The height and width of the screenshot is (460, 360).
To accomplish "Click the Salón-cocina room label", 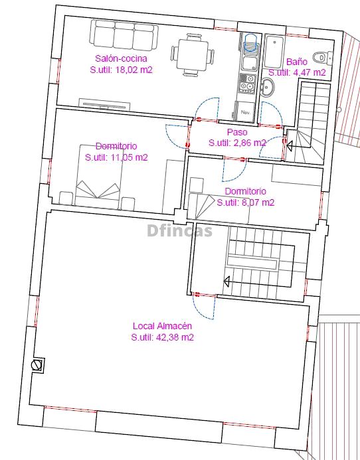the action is (121, 58).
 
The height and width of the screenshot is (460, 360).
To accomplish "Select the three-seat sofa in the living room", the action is (124, 35).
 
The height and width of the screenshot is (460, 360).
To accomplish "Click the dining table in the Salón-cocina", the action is (193, 55).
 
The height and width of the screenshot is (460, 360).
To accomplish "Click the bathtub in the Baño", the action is (274, 51).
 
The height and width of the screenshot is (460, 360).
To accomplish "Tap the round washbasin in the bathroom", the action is (267, 87).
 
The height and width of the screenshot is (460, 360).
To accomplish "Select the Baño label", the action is (297, 62).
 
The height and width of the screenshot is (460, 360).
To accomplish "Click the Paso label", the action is (237, 132).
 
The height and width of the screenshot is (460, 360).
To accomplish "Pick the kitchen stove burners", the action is (247, 82).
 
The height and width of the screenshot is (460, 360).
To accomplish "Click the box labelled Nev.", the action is (245, 112).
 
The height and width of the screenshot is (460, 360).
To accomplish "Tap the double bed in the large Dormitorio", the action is (98, 176).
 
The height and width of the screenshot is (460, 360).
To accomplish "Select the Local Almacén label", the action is (162, 326).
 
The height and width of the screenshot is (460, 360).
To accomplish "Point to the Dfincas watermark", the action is (179, 230).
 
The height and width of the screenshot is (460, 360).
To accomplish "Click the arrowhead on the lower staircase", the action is (226, 281).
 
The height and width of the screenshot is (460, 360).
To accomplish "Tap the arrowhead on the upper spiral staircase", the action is (289, 145).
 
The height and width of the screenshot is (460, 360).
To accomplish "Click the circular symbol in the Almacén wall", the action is (37, 365).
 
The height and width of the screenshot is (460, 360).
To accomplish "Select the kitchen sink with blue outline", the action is (250, 43).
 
